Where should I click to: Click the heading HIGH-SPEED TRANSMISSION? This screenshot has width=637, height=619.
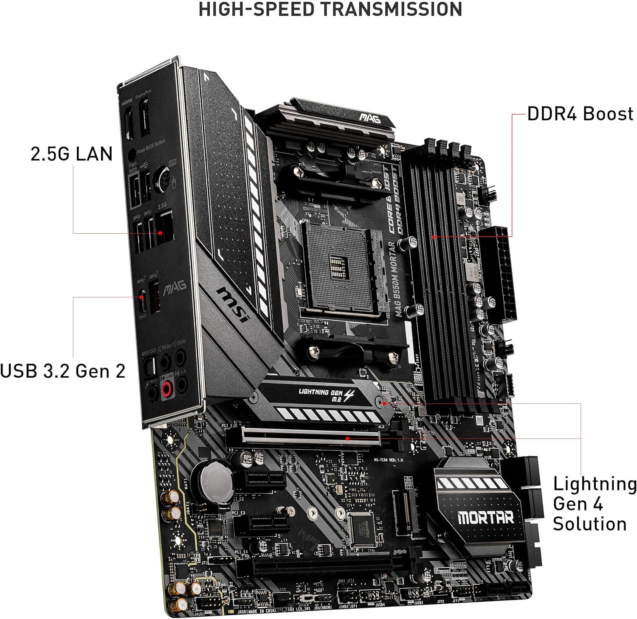(330, 9)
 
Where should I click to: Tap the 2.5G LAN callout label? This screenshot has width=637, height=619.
(71, 154)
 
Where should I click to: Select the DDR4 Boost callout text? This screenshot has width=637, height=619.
(580, 114)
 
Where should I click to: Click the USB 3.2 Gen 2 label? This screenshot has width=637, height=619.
(63, 371)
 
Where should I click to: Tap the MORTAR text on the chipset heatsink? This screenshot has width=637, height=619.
(485, 517)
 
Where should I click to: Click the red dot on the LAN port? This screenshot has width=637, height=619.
(161, 232)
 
